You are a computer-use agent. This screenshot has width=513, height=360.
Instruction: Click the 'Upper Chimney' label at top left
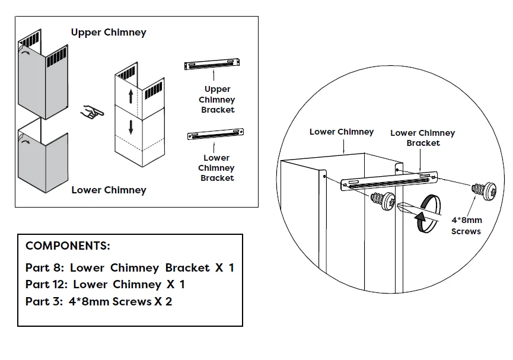(109, 32)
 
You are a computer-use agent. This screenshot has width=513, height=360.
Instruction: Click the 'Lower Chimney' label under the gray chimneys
(109, 190)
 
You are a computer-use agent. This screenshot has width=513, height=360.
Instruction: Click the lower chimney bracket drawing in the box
(215, 135)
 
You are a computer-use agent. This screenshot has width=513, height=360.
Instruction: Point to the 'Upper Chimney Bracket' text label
(217, 99)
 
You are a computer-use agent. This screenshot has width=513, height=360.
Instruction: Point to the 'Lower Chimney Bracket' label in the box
(216, 168)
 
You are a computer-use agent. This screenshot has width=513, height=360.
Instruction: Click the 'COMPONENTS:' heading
(68, 246)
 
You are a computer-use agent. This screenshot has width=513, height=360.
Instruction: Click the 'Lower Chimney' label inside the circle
(342, 132)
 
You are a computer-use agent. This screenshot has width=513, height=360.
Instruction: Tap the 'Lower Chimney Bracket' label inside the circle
(422, 138)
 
